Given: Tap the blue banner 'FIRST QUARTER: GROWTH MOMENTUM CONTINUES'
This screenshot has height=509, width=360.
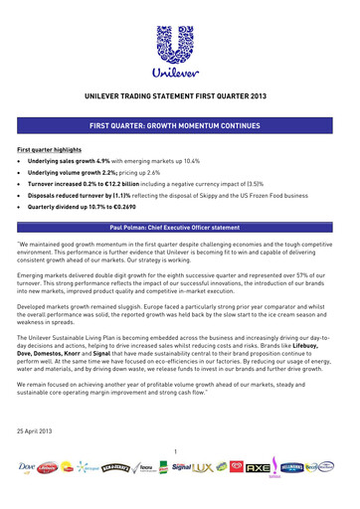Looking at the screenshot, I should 180,127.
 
